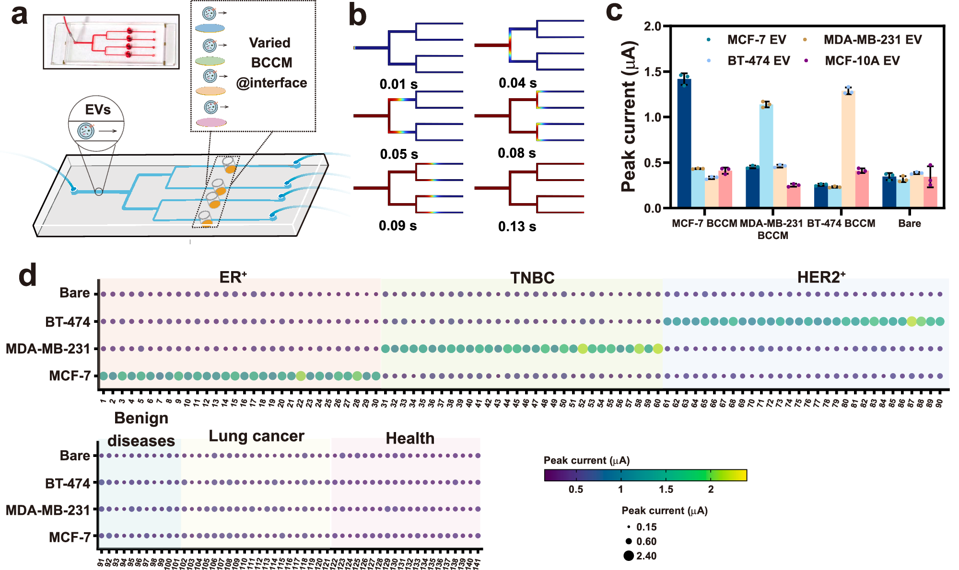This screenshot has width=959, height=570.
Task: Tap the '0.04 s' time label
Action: (517, 83)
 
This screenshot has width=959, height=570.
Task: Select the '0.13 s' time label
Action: (517, 226)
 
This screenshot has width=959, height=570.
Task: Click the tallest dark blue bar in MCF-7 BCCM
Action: (684, 144)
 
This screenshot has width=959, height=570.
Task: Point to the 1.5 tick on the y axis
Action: (653, 72)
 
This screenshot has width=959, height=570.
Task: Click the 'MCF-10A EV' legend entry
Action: (862, 61)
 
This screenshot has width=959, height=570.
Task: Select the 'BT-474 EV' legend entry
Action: (758, 61)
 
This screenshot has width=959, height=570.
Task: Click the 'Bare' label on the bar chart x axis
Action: (909, 223)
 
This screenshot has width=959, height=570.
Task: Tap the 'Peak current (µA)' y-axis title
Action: (629, 117)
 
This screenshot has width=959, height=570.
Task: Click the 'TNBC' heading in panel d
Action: (532, 278)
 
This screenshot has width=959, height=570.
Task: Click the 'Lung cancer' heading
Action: (257, 436)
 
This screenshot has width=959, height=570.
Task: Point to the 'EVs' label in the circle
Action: (98, 110)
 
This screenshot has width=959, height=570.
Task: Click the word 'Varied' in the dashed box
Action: (269, 43)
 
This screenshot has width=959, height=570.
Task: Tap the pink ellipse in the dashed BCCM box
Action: (211, 123)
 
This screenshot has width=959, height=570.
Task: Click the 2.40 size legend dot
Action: (629, 556)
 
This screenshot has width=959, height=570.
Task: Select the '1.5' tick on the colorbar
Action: (666, 489)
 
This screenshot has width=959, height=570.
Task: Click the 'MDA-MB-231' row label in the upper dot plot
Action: (47, 349)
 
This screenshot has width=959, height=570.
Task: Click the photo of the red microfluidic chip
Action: (111, 42)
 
